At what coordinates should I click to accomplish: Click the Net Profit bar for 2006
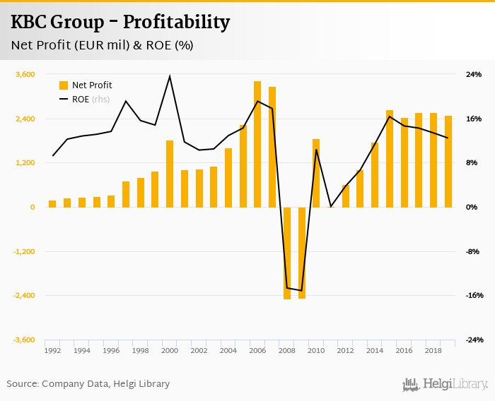pos(257,144)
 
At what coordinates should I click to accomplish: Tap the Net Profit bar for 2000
pos(170,174)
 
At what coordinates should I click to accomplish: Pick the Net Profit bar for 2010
pos(316,173)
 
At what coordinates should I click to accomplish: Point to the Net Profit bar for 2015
pos(390,159)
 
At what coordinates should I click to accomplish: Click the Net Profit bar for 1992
pos(52,203)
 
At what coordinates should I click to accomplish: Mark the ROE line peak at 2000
pos(170,76)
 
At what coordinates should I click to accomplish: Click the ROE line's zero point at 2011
pos(331,207)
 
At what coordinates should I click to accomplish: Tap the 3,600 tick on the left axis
pos(25,74)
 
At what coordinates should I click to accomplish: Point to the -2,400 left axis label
pos(23,296)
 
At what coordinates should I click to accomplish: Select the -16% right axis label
pos(472,296)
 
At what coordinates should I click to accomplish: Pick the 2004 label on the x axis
pos(228,351)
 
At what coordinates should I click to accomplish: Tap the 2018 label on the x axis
pos(433,351)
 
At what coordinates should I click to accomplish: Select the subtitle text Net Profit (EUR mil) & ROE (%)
pos(103,45)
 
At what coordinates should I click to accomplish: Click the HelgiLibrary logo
pos(445,384)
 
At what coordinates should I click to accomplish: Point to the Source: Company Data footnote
pos(88,384)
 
